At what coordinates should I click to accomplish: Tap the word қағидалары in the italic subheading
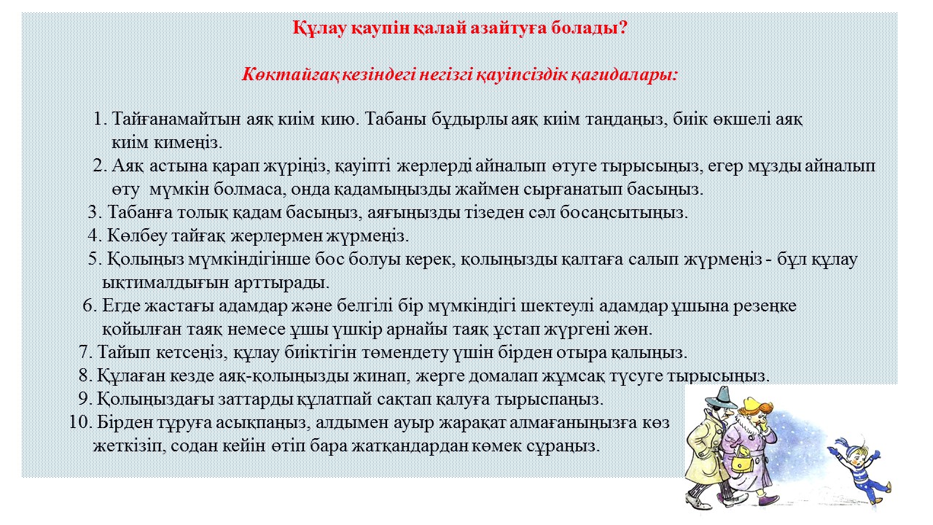pos(624,76)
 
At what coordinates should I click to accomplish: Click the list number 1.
pos(101,119)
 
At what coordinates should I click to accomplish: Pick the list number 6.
pos(89,306)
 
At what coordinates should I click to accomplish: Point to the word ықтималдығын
pos(165,283)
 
